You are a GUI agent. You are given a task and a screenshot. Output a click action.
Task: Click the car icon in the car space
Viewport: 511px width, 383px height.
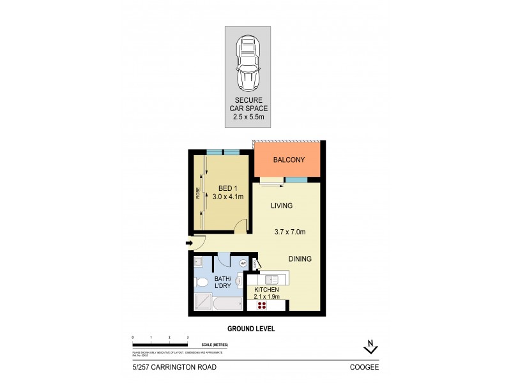click(x=247, y=62)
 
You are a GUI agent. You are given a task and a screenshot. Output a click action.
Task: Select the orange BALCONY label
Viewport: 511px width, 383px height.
click(x=289, y=160)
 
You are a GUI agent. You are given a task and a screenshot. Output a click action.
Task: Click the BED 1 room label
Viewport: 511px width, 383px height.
click(x=230, y=192)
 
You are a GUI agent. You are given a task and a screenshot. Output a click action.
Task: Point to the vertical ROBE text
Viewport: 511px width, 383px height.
click(x=199, y=191)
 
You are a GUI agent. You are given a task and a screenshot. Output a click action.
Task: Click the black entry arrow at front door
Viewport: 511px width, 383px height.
click(x=189, y=243)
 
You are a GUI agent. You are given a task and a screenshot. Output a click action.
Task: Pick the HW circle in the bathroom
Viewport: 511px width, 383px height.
click(x=243, y=262)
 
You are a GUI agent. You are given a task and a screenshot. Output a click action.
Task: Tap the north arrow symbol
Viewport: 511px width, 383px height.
click(x=370, y=347)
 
